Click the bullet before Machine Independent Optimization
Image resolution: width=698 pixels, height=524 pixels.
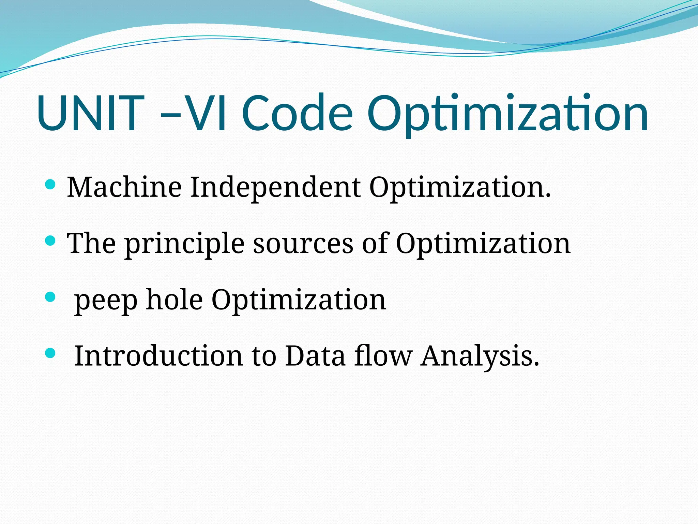pos(50,185)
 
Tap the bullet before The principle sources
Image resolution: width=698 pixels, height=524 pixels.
pos(50,241)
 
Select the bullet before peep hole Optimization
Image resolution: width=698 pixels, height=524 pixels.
pos(50,297)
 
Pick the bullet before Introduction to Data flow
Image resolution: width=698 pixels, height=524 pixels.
pos(50,353)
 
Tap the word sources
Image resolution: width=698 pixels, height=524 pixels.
pos(303,244)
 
